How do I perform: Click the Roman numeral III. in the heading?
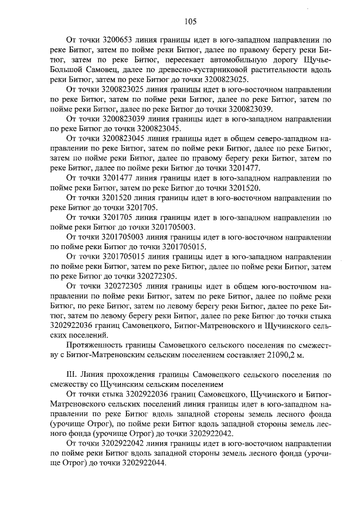tap(72, 373)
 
